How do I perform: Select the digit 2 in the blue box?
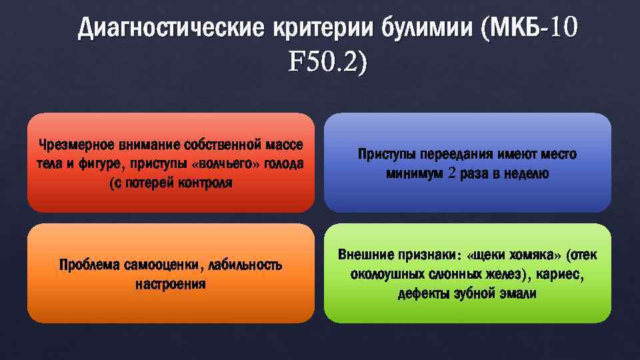453,174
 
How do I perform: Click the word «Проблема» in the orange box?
89,265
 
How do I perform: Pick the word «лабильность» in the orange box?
245,265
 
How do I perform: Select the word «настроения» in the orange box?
171,285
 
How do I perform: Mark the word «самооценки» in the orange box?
163,265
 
